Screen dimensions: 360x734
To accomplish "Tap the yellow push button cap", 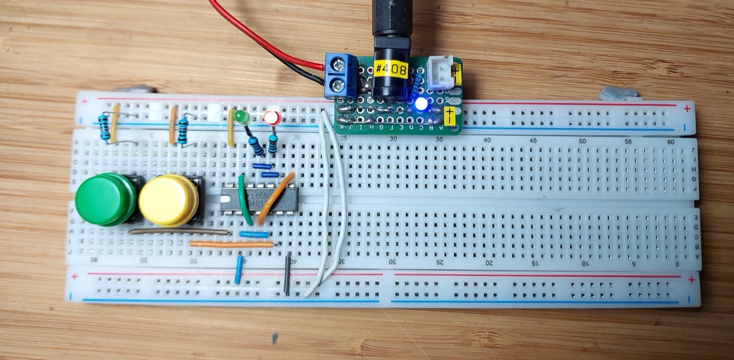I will pyautogui.click(x=169, y=199).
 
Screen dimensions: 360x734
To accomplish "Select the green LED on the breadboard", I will pyautogui.click(x=242, y=118).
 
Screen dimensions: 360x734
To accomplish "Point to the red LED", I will pyautogui.click(x=272, y=118).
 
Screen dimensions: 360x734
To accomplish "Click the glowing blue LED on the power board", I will pyautogui.click(x=421, y=104).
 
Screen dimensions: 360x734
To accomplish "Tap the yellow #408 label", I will pyautogui.click(x=391, y=70).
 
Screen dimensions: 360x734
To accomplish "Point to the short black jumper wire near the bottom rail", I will pyautogui.click(x=287, y=275).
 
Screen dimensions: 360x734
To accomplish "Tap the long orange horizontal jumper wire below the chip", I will pyautogui.click(x=231, y=244).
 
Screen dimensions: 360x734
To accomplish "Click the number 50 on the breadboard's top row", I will pyautogui.click(x=582, y=140).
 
